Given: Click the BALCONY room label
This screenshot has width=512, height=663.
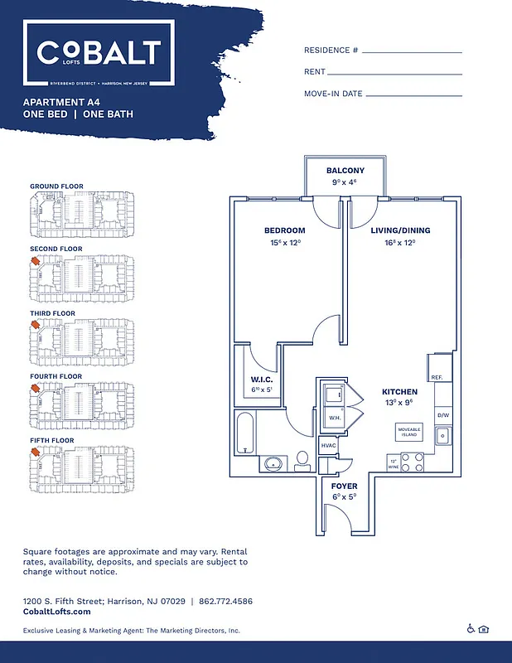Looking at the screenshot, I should tap(345, 171).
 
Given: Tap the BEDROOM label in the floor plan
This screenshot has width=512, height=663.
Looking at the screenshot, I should tap(284, 230).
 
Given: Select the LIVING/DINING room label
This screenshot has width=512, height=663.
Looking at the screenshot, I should tap(400, 230).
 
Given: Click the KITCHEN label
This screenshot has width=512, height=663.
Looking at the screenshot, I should tap(399, 391).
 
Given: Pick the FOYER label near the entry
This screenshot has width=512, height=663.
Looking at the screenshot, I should tap(344, 486).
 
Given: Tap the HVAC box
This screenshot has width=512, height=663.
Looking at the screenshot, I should tap(329, 447).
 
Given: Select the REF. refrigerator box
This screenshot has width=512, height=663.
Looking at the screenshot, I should tap(437, 377).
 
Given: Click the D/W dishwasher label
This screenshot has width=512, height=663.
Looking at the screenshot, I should tap(443, 415).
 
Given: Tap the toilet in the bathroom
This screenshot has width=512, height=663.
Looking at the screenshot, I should tap(302, 460).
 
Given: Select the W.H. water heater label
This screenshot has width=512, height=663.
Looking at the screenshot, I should tap(335, 418).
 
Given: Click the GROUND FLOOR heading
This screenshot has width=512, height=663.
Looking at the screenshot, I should tap(56, 186).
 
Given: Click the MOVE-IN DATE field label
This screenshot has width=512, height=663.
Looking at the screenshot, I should tap(333, 94).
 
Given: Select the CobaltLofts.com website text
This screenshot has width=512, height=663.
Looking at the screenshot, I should tap(57, 611).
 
